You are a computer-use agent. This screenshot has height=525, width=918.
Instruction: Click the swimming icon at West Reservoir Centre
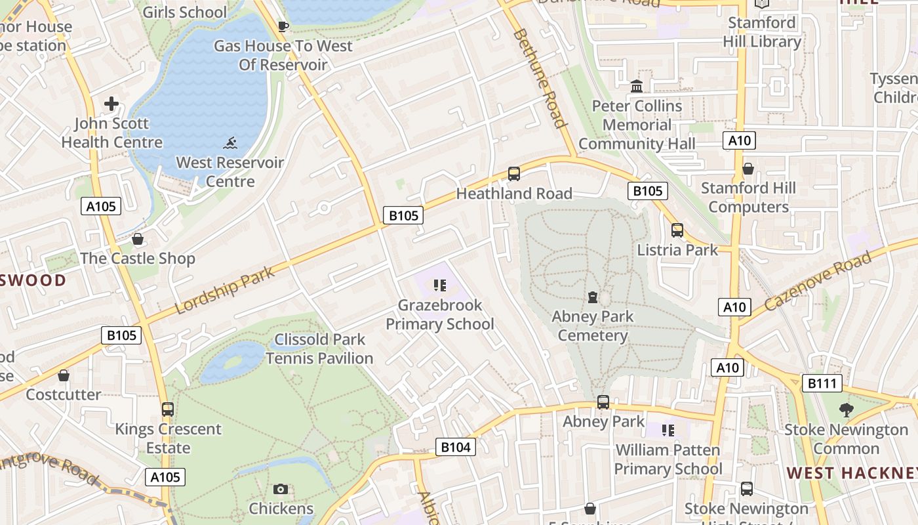coord(230,143)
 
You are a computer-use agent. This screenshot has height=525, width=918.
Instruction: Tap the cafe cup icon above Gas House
coord(283,26)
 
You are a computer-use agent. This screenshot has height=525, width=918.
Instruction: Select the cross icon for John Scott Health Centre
coord(111,104)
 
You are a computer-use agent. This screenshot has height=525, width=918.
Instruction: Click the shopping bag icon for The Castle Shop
coord(138,239)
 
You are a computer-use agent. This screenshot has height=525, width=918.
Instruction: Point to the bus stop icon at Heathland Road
coord(514,174)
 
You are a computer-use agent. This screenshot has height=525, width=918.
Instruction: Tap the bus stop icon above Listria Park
coord(677,230)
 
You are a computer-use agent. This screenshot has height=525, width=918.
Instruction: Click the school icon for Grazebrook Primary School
coord(440,285)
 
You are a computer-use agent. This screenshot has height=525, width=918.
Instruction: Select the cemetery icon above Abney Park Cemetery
coord(593,297)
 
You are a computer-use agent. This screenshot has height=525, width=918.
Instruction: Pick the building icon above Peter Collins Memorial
coord(637,86)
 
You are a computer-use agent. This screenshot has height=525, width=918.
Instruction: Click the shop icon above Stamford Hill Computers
coord(748,169)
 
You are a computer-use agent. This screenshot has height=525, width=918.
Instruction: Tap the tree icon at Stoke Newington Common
coord(847,410)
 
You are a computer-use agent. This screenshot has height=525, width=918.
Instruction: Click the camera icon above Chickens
coord(281,489)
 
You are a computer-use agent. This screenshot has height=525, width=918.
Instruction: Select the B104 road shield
coord(455,448)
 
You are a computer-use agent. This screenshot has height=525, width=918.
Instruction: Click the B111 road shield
coord(822,383)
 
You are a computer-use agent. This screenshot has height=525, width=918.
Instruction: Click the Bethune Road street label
coord(540,78)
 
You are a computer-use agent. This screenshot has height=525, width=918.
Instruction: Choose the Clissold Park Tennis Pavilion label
coord(319,348)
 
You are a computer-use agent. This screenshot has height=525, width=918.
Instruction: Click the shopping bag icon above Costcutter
coord(64,375)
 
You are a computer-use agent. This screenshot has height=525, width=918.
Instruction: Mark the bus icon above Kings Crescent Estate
coord(168,409)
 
